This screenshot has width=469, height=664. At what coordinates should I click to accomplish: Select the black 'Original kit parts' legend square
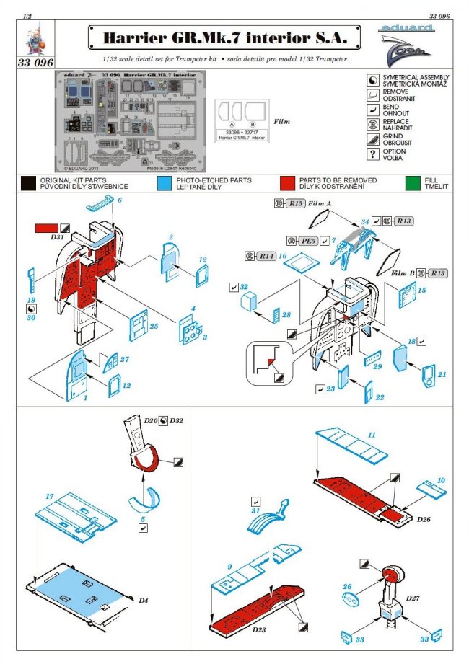[29, 183]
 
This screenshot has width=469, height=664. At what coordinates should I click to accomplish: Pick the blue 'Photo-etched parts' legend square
[163, 183]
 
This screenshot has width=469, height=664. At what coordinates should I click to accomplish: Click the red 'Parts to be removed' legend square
[289, 183]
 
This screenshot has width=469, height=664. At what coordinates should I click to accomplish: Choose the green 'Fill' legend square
[413, 183]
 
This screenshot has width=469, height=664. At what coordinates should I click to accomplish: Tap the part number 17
[50, 497]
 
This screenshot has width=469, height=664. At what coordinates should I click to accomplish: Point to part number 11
[372, 435]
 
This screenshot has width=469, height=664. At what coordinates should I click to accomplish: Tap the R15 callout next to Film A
[294, 204]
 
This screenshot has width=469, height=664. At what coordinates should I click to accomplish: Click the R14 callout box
[266, 255]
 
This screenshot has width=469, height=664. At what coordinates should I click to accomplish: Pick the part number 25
[153, 327]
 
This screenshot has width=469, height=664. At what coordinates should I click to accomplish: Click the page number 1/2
[27, 15]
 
